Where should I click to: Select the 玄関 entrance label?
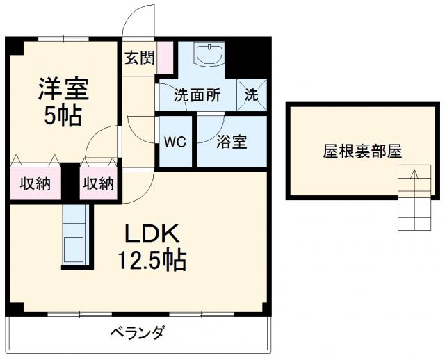(139, 58)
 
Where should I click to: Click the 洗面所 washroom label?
(197, 95)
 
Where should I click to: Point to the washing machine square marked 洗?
(252, 95)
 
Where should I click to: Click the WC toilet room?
(174, 142)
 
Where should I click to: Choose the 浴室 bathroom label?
(232, 142)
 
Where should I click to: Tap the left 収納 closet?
(33, 184)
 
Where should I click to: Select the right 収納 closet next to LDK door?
(98, 184)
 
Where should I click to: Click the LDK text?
(152, 233)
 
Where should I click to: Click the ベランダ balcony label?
(137, 333)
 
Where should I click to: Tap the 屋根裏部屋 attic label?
(362, 152)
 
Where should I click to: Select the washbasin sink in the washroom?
(209, 55)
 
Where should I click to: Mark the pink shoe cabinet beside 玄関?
(165, 57)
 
